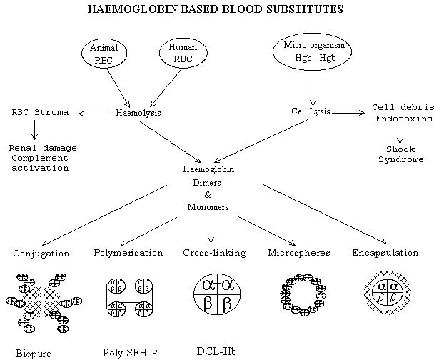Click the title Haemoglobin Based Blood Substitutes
(214, 11)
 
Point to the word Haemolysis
(139, 112)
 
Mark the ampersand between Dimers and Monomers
(209, 194)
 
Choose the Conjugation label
(41, 253)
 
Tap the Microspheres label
(296, 253)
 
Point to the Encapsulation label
(385, 253)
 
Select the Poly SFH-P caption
(127, 352)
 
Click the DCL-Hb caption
(212, 351)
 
